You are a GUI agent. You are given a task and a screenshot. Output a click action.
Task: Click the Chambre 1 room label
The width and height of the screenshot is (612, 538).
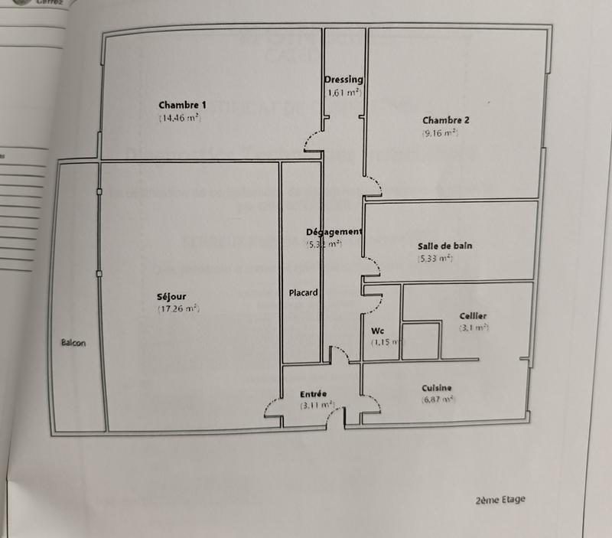click(182, 105)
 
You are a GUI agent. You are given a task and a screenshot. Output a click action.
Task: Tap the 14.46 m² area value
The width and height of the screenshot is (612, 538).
click(180, 119)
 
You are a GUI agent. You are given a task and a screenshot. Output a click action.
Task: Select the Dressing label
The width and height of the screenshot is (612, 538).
click(343, 80)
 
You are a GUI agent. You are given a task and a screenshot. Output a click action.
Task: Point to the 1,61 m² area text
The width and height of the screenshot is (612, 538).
click(343, 93)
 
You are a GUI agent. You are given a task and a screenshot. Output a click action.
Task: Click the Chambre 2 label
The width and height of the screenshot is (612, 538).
click(445, 120)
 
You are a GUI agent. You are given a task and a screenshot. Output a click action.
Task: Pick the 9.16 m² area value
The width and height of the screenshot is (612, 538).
click(439, 133)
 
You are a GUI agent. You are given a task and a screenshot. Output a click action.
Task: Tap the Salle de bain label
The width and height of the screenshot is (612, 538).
click(444, 246)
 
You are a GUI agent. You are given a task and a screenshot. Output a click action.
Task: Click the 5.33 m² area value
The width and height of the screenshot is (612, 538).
click(435, 259)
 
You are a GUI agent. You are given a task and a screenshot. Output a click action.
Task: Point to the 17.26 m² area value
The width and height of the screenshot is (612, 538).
click(178, 309)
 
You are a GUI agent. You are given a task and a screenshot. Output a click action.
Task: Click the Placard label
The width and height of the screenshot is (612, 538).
click(303, 292)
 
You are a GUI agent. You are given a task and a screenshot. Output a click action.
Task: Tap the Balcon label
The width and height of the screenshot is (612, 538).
click(73, 343)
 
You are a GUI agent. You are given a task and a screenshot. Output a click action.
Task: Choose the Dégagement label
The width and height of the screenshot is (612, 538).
click(333, 232)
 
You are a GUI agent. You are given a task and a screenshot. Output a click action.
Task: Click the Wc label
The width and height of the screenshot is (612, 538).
click(377, 331)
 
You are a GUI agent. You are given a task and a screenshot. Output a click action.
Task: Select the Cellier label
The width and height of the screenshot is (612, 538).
click(473, 315)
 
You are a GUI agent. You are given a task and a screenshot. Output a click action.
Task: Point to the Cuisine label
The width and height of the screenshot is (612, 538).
click(436, 387)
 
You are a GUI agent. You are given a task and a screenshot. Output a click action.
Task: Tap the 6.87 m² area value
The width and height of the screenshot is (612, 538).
click(438, 400)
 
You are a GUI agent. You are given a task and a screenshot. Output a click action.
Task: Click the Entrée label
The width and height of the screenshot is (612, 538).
click(314, 393)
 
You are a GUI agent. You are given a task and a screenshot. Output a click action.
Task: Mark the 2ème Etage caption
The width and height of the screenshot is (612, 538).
click(500, 500)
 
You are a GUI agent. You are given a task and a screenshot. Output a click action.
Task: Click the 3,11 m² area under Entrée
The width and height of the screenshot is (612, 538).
click(317, 405)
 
